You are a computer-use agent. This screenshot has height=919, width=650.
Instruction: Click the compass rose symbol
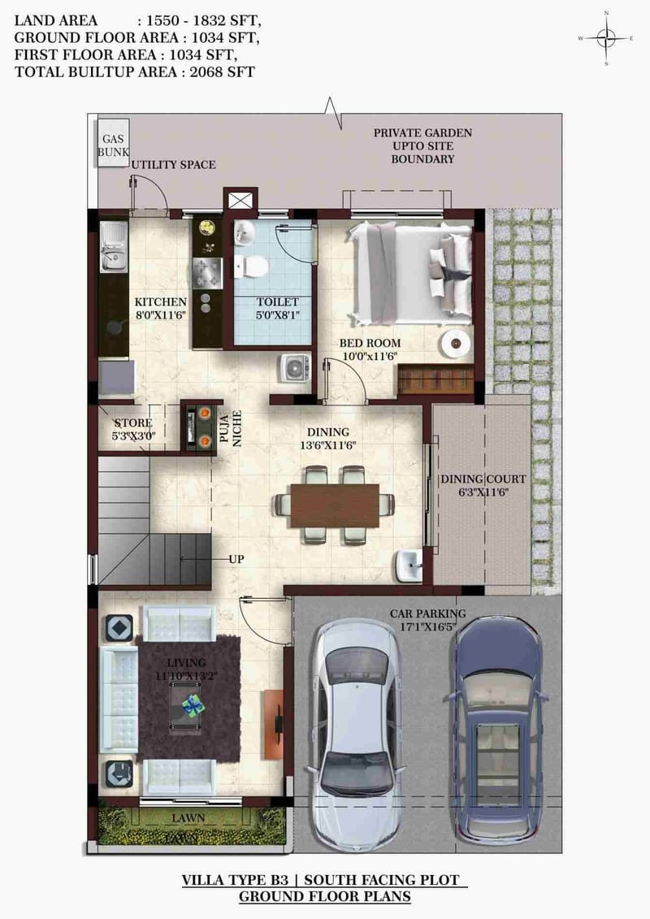[x=606, y=37]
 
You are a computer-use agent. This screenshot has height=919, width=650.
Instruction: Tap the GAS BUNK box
[x=110, y=145]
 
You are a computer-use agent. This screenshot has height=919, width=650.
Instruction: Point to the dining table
[x=334, y=504]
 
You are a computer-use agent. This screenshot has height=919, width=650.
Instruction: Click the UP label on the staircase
[x=236, y=560]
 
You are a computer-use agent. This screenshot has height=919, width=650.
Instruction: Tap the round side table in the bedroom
[x=456, y=344]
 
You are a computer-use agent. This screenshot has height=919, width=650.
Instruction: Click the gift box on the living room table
[x=192, y=704]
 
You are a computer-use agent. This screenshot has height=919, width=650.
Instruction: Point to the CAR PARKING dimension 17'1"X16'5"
[x=427, y=627]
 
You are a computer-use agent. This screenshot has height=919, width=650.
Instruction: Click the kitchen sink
[x=111, y=249]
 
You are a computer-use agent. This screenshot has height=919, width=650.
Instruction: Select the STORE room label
[x=132, y=423]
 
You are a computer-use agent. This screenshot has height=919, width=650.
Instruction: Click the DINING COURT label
[x=483, y=479]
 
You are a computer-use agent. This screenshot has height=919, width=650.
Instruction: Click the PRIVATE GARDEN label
[x=422, y=132]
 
